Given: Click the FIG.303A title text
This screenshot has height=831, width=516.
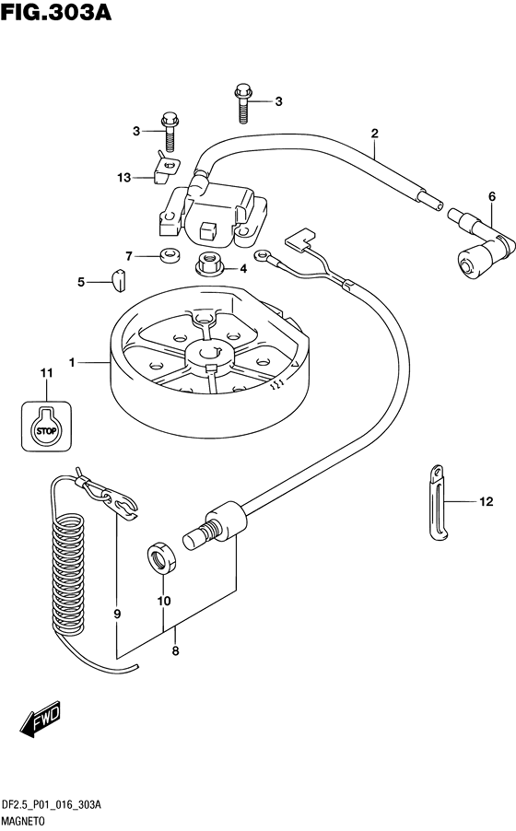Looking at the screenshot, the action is point(56,12).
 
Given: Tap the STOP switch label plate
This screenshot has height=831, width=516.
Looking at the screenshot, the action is point(46,427).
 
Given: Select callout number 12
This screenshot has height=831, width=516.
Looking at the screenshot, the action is point(487,501).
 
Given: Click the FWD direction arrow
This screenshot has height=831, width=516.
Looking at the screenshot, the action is point(41,719).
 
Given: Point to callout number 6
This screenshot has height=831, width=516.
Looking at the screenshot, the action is point(492,196).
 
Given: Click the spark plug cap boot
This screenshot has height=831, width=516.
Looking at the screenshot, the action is point(481,242).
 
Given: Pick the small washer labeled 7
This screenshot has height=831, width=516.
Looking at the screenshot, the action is point(170,254).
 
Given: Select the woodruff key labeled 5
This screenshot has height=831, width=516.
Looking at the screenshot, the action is point(119,280).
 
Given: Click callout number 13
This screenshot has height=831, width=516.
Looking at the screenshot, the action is point(124,178).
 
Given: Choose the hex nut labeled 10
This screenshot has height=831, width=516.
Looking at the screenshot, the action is point(162,558).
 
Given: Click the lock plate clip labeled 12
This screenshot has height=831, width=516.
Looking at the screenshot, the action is point(439,503).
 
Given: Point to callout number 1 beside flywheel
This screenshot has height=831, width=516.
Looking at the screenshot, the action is point(72,362).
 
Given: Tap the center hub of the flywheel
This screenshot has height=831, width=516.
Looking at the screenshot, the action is point(208,354).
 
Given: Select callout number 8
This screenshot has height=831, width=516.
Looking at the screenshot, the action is point(176,650).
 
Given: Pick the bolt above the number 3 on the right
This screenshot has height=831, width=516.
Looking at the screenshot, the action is point(242,103).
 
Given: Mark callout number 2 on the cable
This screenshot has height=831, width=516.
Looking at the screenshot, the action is point(374,134).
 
